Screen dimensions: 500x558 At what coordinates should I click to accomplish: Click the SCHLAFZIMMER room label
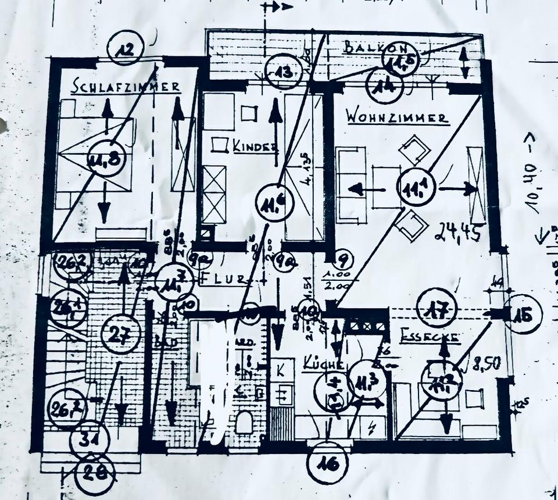click(126, 87)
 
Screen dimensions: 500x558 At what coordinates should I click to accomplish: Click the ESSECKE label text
click(431, 337)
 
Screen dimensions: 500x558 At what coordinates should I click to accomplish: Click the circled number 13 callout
click(283, 73)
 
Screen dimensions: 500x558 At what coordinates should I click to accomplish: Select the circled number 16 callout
click(327, 463)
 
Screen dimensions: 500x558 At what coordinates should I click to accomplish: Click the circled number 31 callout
click(89, 442)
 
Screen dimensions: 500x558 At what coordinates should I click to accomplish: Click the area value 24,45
click(456, 233)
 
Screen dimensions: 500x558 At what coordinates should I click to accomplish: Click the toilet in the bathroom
click(244, 423)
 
